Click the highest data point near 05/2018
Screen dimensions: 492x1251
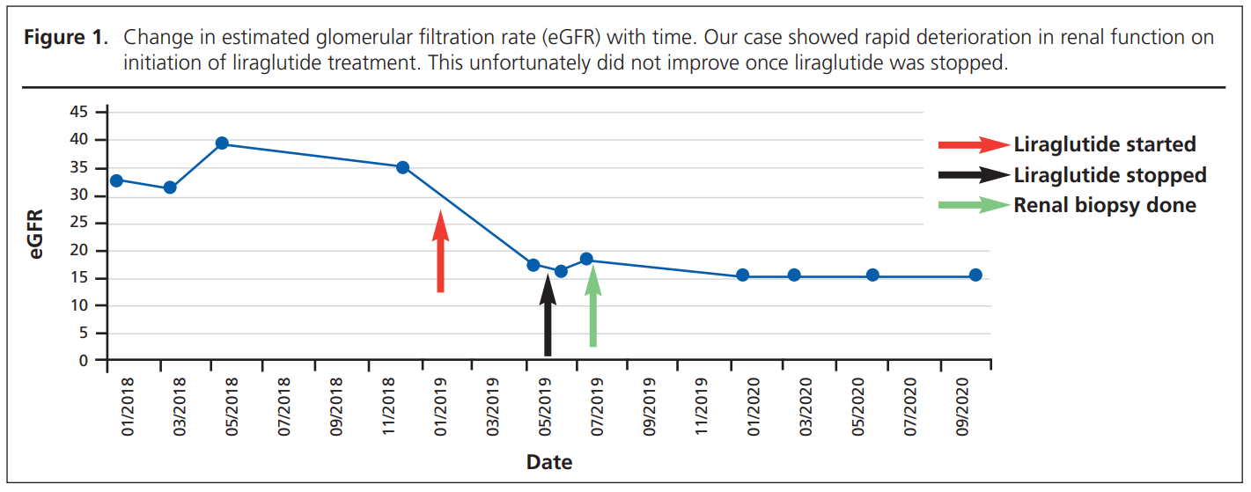(222, 143)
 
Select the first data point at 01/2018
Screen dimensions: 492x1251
(116, 180)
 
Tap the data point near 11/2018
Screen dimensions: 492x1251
(402, 167)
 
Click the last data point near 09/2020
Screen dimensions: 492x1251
(975, 275)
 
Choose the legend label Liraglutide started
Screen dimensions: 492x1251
(1105, 144)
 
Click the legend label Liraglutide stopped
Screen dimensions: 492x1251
(1110, 175)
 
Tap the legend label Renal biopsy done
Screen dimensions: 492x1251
(1105, 205)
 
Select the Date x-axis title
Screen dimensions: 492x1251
(549, 462)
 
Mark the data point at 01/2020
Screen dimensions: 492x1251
(742, 275)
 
